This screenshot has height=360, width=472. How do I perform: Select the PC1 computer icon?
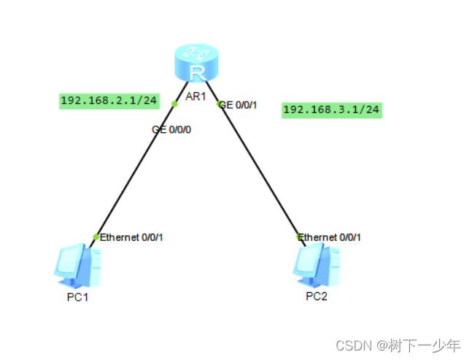point(77,267)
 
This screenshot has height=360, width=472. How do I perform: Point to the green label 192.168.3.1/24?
point(332,110)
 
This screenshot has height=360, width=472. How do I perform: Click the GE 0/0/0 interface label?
point(171,130)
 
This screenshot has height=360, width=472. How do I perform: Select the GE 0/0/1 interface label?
point(239,105)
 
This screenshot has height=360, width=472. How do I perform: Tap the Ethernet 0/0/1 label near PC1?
point(131,237)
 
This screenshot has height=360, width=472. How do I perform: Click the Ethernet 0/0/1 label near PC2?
point(330,237)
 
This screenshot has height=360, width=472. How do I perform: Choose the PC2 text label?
point(317,296)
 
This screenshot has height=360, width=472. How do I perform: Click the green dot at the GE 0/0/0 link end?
point(174,104)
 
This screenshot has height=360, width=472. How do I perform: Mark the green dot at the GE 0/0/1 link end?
point(220,104)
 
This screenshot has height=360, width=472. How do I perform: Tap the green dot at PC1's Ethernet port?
point(96,237)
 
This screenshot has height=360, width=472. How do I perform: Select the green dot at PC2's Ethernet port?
point(299,236)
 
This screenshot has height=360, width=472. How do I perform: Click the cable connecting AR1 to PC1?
point(135,170)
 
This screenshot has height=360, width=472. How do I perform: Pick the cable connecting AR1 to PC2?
point(260,170)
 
